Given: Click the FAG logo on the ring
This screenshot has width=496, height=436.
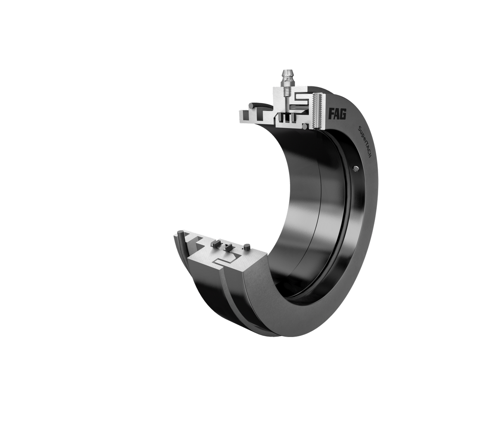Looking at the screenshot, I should (x=338, y=114).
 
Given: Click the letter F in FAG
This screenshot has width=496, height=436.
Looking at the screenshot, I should (x=332, y=114).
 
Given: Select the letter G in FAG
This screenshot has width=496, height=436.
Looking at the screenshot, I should (x=343, y=114).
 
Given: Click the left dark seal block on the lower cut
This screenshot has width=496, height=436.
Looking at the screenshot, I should (x=215, y=244).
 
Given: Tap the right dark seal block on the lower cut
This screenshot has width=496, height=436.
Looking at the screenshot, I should (x=228, y=248).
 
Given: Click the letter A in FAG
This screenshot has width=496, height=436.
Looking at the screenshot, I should (x=337, y=114).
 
